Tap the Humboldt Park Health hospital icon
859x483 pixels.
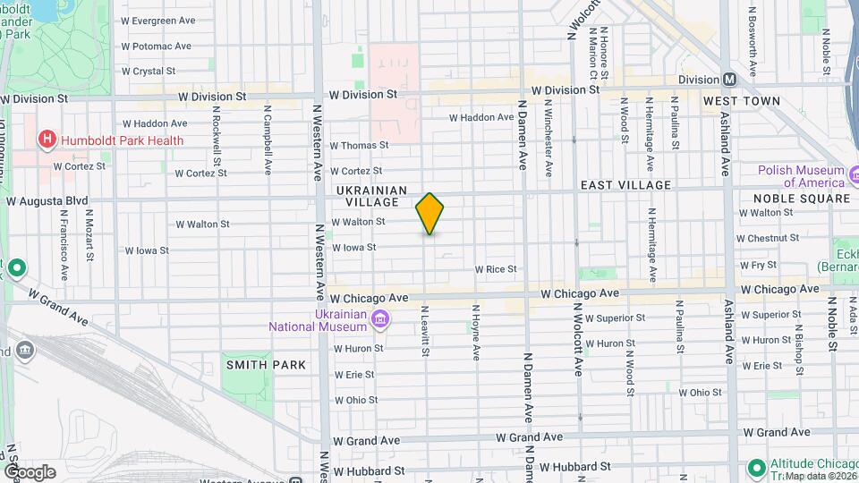[47, 140]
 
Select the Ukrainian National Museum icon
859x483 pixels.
[380, 318]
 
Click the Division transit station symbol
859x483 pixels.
[730, 80]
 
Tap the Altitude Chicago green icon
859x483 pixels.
[756, 468]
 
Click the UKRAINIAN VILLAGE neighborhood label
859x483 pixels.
[372, 196]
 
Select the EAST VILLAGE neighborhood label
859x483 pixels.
[625, 185]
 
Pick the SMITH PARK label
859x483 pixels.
[266, 365]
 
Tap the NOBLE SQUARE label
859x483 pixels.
[801, 198]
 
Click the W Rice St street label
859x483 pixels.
[496, 269]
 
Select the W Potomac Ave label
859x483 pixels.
[156, 46]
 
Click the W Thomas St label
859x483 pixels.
[359, 145]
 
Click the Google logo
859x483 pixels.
[29, 472]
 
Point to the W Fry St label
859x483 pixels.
[757, 266]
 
